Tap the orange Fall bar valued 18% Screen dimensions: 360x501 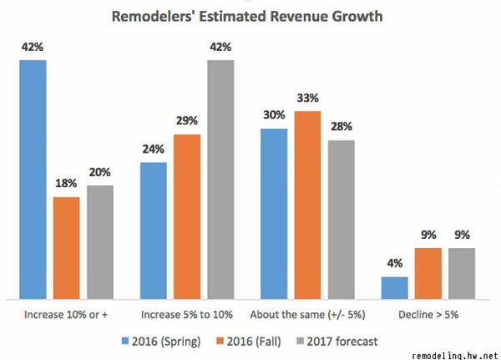click(66, 247)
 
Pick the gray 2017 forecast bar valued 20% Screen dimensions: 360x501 click(99, 241)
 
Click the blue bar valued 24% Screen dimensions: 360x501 click(154, 230)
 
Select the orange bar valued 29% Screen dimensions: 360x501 click(187, 215)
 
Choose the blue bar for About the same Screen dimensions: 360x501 click(274, 213)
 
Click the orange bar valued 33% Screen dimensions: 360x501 click(307, 204)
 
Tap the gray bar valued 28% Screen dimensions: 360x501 click(341, 219)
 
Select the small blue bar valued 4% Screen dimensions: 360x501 click(394, 287)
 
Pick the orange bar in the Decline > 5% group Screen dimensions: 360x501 click(428, 273)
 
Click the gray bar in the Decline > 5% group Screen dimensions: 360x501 click(461, 273)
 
